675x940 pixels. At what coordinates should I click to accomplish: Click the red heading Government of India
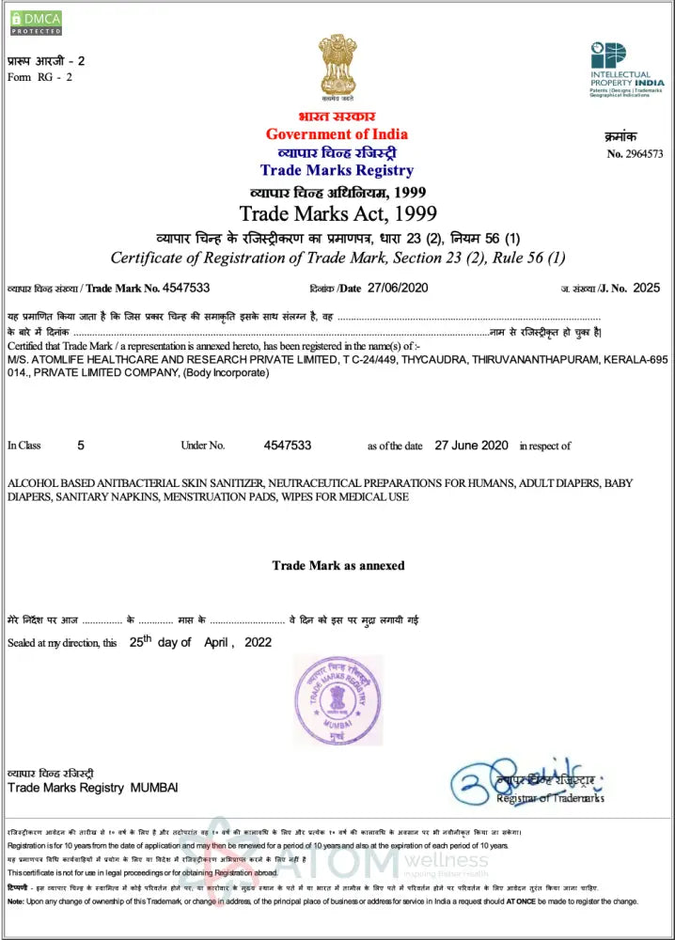click(x=337, y=133)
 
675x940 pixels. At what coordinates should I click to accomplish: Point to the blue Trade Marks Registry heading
click(x=337, y=170)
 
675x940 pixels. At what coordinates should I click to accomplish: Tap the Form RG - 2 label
click(x=39, y=77)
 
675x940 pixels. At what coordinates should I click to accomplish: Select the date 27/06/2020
click(x=399, y=288)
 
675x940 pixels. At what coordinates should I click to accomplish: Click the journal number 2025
click(x=647, y=288)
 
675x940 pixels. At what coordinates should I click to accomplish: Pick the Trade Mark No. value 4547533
click(x=186, y=288)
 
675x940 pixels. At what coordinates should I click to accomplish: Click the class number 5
click(x=81, y=445)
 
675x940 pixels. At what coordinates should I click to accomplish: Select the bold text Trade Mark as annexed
click(x=337, y=566)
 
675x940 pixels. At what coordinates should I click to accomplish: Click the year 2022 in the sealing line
click(x=258, y=643)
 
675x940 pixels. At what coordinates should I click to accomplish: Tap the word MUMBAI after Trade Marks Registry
click(x=153, y=787)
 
